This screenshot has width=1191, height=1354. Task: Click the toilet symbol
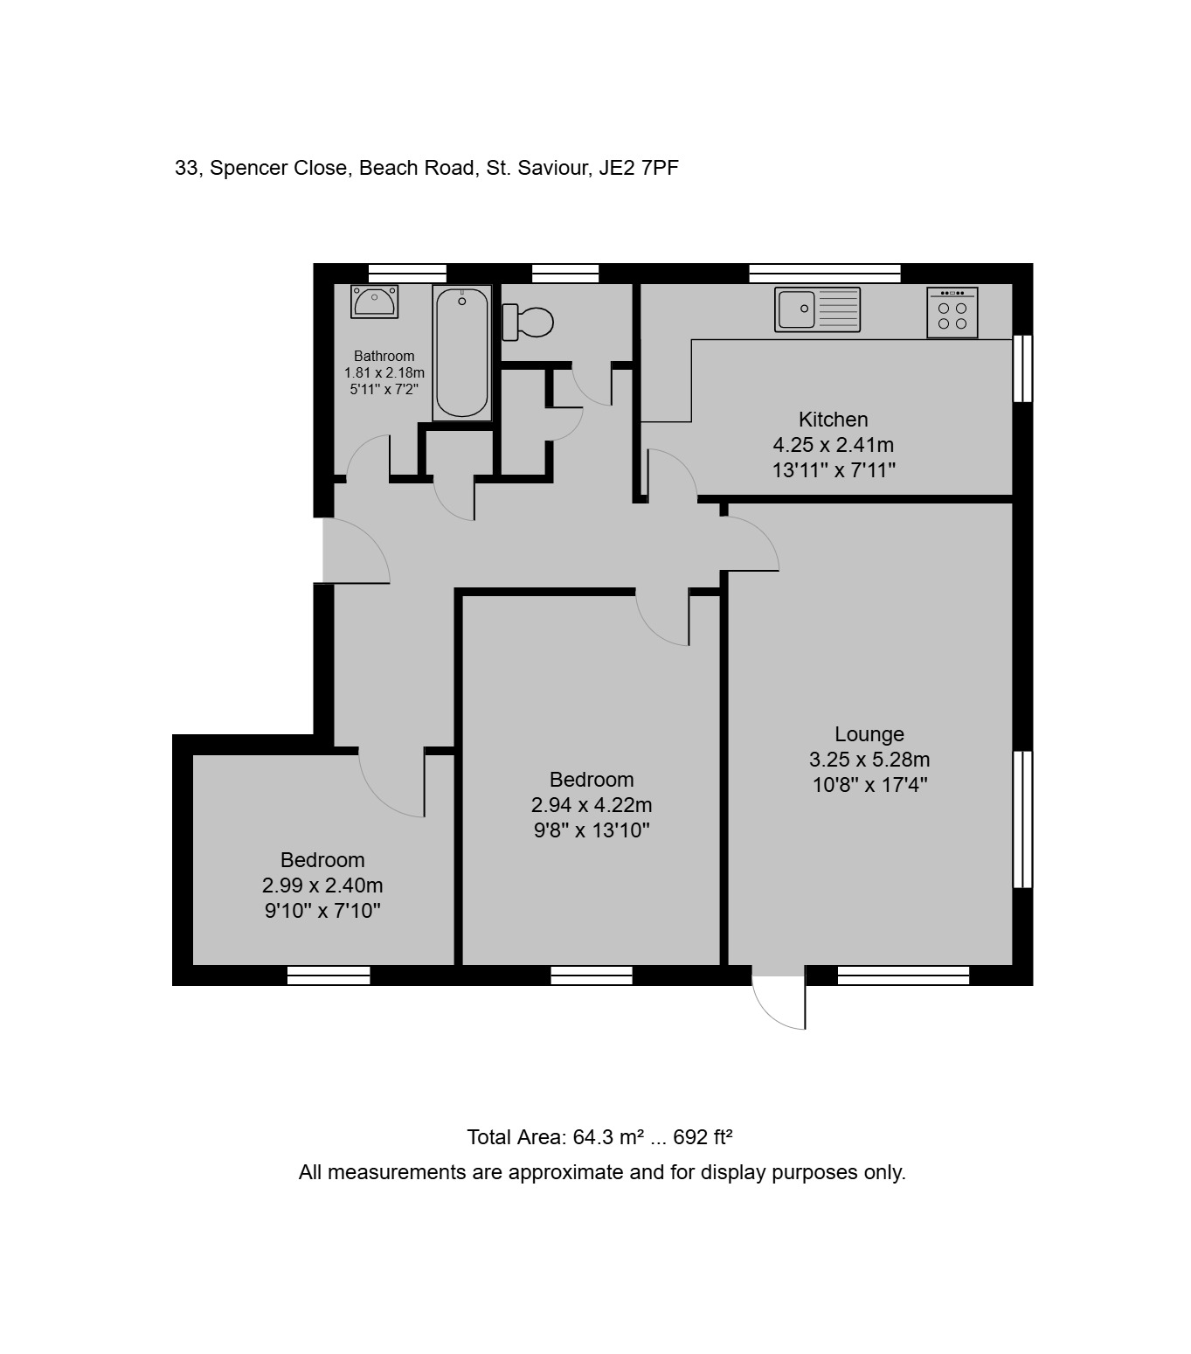pyautogui.click(x=528, y=323)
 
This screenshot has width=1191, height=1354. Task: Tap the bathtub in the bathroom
pyautogui.click(x=461, y=353)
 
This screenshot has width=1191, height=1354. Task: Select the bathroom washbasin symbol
pyautogui.click(x=374, y=302)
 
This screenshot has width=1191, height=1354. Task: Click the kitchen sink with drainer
pyautogui.click(x=817, y=309)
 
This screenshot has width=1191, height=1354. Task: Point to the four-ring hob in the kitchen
pyautogui.click(x=952, y=313)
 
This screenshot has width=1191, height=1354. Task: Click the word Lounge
pyautogui.click(x=869, y=733)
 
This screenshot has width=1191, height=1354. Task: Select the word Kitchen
pyautogui.click(x=833, y=419)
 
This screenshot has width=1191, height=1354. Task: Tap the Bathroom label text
pyautogui.click(x=384, y=356)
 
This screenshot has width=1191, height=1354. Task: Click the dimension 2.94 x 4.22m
pyautogui.click(x=592, y=805)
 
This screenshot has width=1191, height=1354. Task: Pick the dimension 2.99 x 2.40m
pyautogui.click(x=322, y=885)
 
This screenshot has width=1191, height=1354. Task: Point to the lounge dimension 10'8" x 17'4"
pyautogui.click(x=869, y=784)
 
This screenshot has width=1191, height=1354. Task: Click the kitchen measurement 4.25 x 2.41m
pyautogui.click(x=833, y=444)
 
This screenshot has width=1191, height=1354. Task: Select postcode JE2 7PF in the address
pyautogui.click(x=639, y=168)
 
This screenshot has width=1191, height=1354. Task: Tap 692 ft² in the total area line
pyautogui.click(x=703, y=1137)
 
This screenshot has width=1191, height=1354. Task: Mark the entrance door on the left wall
pyautogui.click(x=356, y=551)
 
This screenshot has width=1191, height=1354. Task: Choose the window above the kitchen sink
pyautogui.click(x=824, y=274)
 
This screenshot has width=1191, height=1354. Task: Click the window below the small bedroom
pyautogui.click(x=328, y=975)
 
